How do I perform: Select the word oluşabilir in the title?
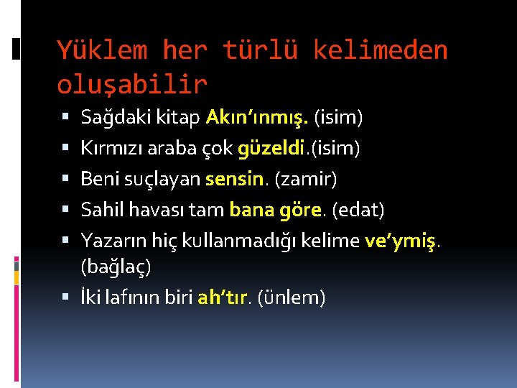[132, 84]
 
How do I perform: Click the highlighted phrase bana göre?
[274, 211]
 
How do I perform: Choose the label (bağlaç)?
[116, 267]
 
